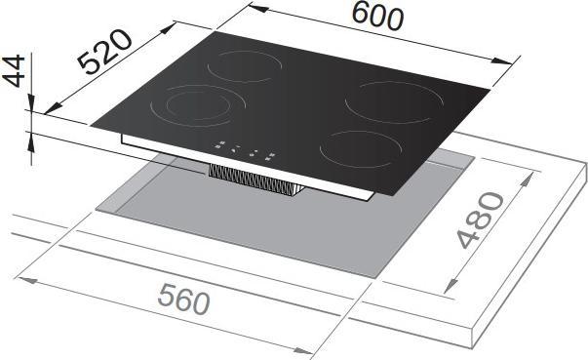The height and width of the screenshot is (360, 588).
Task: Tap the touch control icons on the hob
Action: pyautogui.click(x=245, y=150)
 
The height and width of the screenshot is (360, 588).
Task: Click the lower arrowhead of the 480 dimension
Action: pyautogui.click(x=451, y=287)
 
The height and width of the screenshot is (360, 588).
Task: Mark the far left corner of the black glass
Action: pyautogui.click(x=88, y=124)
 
